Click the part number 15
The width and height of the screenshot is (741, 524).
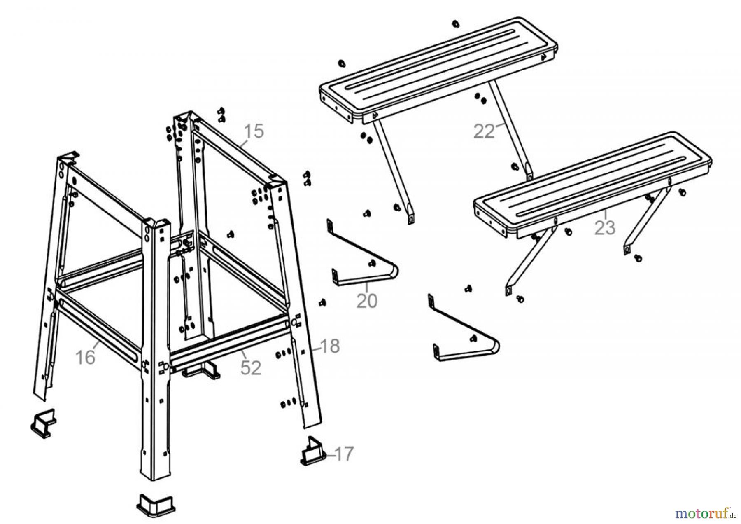254,131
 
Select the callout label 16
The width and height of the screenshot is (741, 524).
85,357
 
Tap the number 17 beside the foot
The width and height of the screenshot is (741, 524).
344,454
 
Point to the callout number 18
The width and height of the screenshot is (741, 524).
330,346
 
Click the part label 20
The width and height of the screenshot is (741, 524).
366,301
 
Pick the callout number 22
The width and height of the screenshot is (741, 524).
484,132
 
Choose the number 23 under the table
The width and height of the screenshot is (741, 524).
605,227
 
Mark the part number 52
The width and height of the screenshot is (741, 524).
251,368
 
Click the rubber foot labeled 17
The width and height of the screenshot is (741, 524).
313,454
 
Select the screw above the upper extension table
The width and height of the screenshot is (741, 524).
455,23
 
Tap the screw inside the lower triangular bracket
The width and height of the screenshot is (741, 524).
473,339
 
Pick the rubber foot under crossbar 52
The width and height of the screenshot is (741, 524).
202,371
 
